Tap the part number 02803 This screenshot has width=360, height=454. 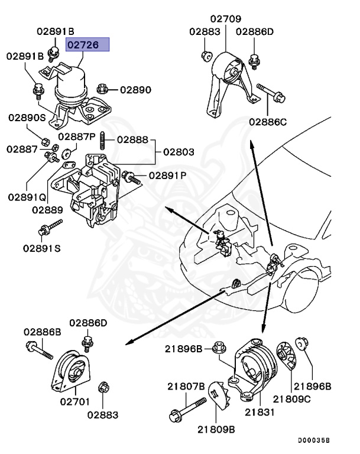tap(178, 152)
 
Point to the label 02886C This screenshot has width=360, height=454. tap(267, 122)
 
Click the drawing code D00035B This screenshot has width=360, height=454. tap(313, 440)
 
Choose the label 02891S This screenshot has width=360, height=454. tap(42, 248)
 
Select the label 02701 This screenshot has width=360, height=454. tap(75, 402)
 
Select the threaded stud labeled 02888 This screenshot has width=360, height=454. tap(103, 141)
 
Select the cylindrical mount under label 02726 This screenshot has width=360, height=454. tap(71, 89)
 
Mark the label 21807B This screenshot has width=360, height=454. tap(184, 387)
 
